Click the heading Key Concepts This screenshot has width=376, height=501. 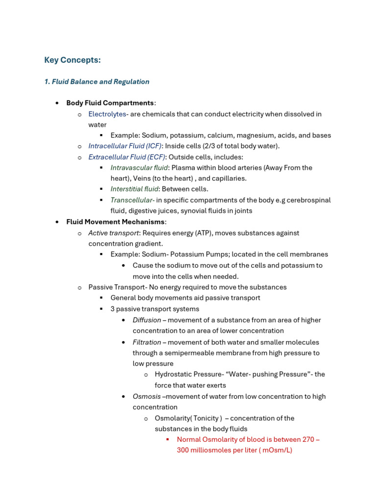click(72, 60)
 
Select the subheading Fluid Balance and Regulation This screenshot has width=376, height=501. click(97, 82)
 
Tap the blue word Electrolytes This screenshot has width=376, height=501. click(107, 114)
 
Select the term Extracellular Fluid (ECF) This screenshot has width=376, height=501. click(127, 157)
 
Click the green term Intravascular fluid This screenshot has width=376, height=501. click(139, 168)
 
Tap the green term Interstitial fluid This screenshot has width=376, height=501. click(134, 189)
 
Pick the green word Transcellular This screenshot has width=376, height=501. click(132, 200)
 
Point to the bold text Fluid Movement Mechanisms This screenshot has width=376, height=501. click(115, 222)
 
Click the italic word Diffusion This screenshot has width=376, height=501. click(147, 320)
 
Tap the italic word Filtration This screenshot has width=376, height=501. click(147, 342)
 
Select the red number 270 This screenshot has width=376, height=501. click(308, 439)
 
